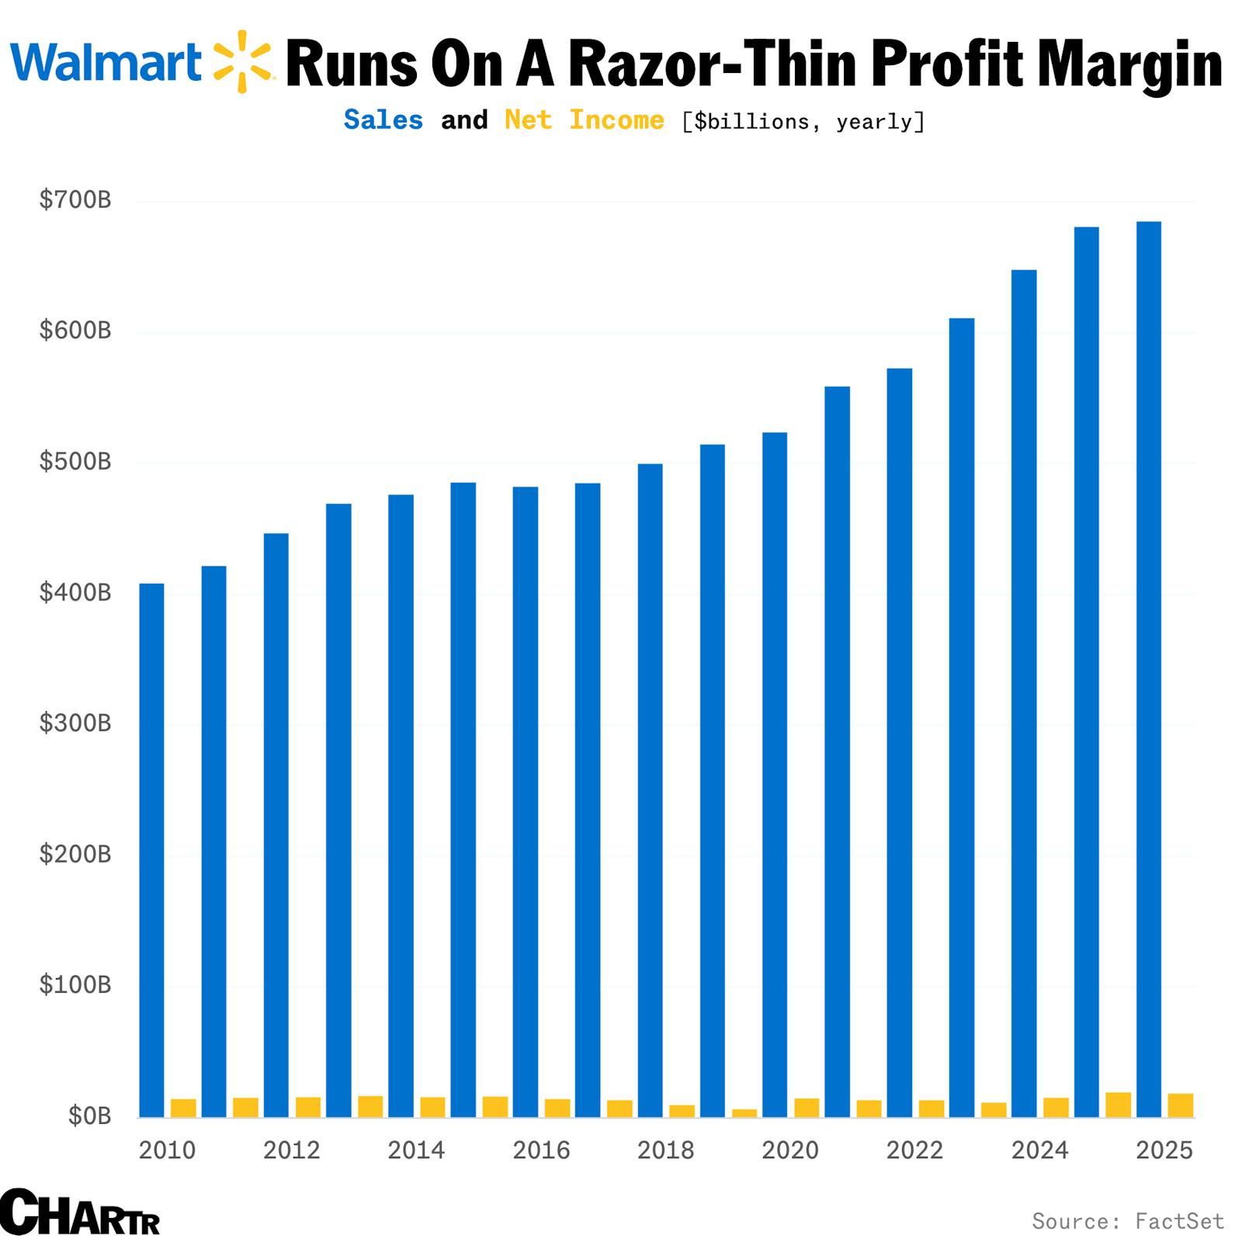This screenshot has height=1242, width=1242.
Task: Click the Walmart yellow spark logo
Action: point(242,61)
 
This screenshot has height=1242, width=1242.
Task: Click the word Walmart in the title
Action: point(106,62)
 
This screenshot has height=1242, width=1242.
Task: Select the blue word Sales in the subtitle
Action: point(383,120)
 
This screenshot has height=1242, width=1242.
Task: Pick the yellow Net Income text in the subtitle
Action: point(584,120)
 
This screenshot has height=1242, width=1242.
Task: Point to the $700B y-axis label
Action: point(75,200)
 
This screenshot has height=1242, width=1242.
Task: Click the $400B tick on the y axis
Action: point(75,593)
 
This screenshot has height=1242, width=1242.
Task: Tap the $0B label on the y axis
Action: point(89,1116)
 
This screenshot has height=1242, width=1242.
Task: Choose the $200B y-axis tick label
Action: point(75,855)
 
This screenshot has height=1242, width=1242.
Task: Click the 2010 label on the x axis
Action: point(167,1150)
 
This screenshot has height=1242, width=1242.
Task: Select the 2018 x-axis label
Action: point(665,1150)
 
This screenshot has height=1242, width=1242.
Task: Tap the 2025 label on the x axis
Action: point(1164,1150)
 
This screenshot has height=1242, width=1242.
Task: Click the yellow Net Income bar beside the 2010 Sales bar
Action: point(183,1108)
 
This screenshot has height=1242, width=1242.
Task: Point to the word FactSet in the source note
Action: point(1179,1222)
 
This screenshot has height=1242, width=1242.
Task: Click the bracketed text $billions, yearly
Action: point(803,122)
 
